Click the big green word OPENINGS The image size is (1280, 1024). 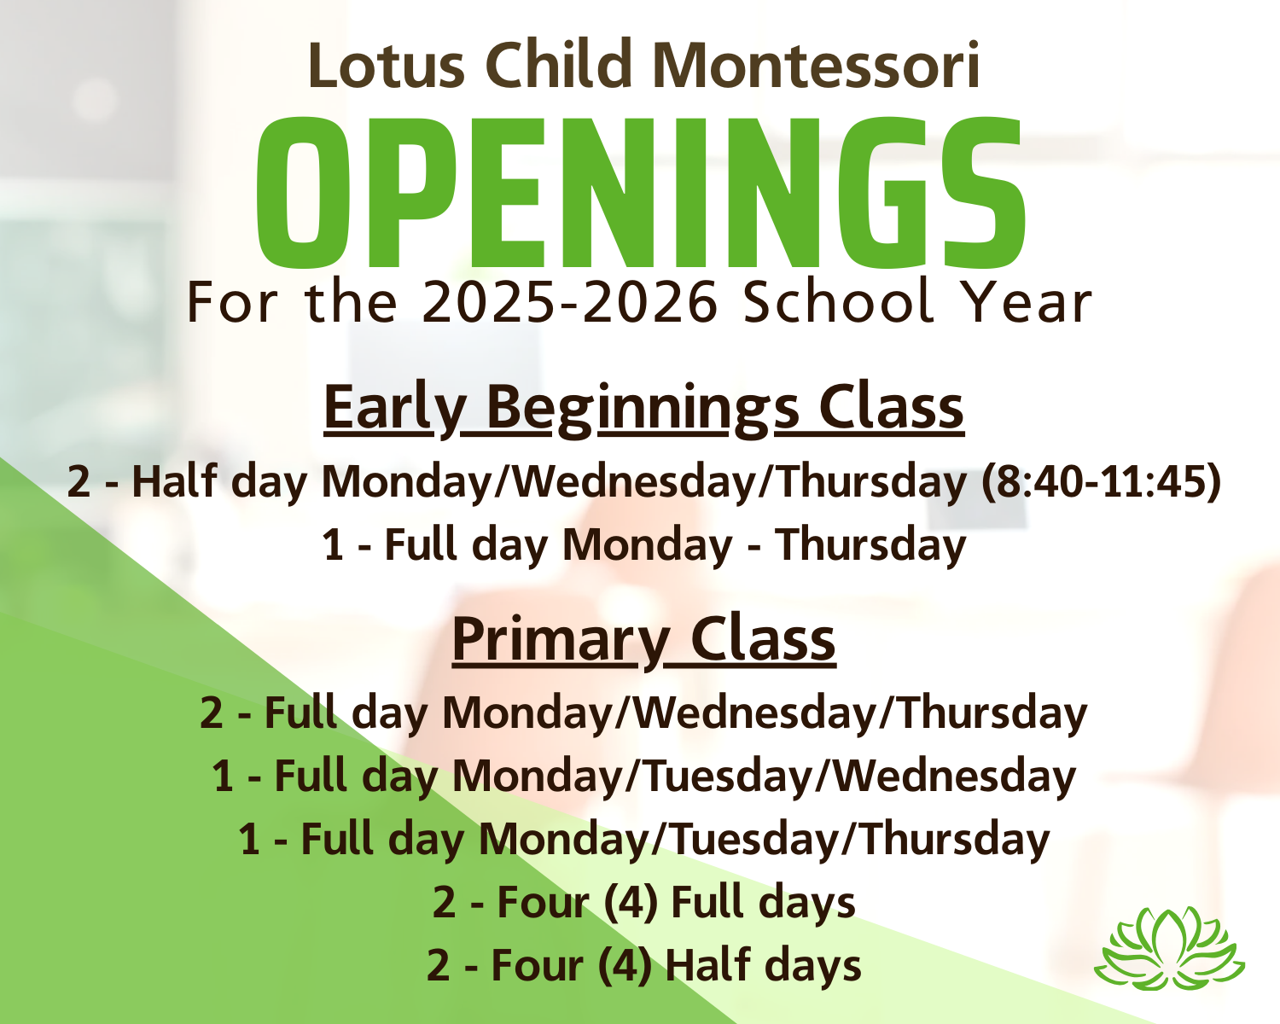[x=641, y=192]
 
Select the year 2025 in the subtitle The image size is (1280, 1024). [x=488, y=302]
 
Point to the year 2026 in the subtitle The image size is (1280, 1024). [x=649, y=302]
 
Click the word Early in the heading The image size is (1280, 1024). [x=395, y=410]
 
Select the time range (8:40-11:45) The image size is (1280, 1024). [x=1100, y=482]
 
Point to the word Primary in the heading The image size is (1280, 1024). [x=561, y=641]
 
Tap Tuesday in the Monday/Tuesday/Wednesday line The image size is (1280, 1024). [x=729, y=777]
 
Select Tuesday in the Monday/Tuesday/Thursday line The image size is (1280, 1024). [x=755, y=840]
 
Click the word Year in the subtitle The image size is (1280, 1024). [x=1027, y=302]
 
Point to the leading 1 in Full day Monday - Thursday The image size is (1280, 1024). [x=333, y=545]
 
